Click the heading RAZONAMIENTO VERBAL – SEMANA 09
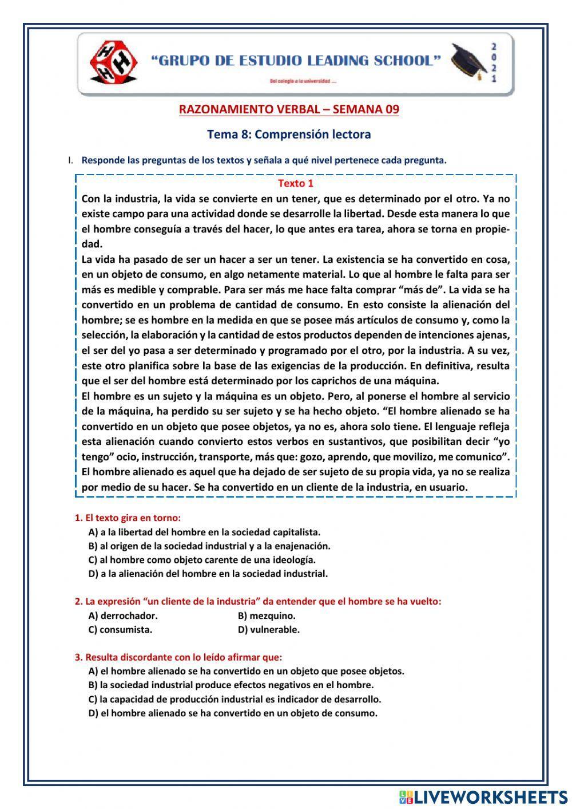point(289,109)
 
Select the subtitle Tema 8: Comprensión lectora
point(289,135)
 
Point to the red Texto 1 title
point(295,184)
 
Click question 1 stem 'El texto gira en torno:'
point(128,518)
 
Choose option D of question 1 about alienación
point(208,573)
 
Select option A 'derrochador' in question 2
point(123,616)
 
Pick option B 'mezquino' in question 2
point(267,616)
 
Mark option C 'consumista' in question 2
point(120,630)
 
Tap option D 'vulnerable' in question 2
point(268,630)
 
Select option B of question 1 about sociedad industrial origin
point(209,546)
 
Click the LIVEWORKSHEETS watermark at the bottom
point(483,796)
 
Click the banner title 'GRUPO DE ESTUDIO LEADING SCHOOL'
point(296,61)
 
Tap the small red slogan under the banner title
point(303,81)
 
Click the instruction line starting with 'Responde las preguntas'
point(263,160)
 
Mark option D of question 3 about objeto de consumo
point(233,713)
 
